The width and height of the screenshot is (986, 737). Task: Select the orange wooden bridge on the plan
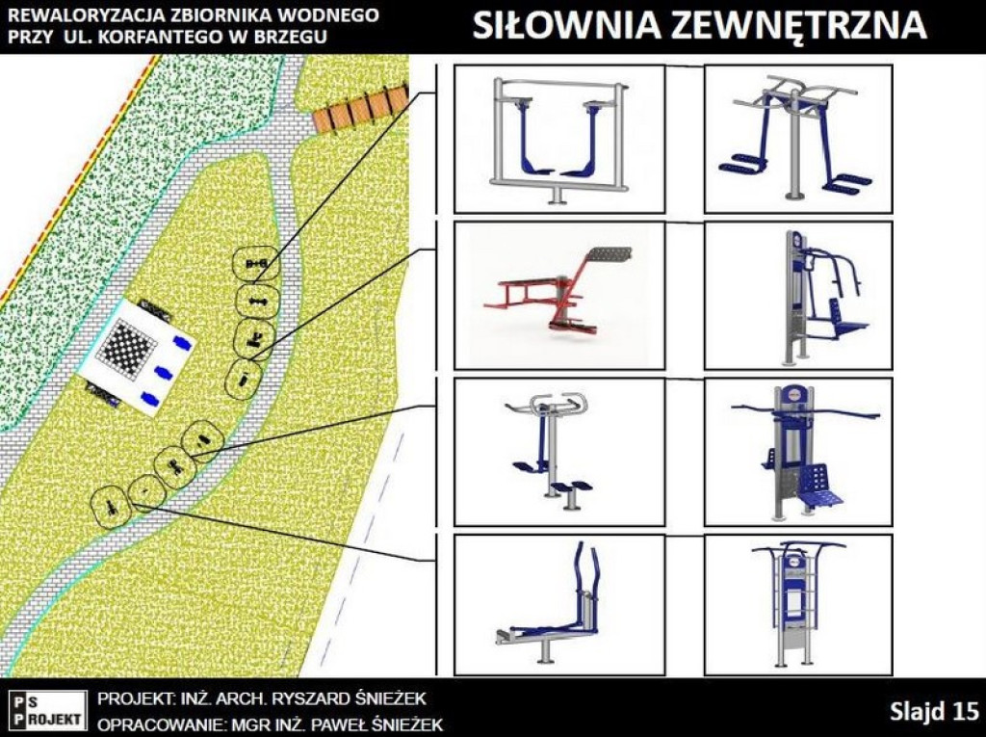pyautogui.click(x=359, y=110)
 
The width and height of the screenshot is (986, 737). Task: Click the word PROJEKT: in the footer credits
pyautogui.click(x=135, y=698)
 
